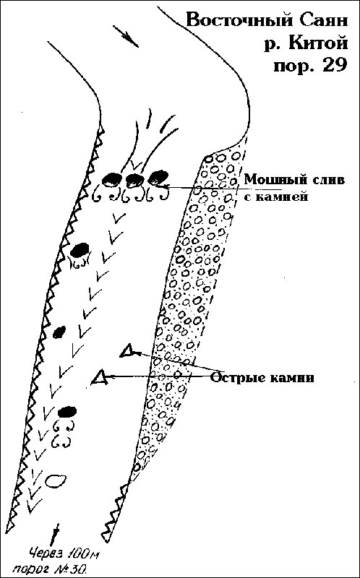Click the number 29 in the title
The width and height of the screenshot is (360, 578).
[333, 66]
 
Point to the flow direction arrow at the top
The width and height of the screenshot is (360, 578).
[125, 36]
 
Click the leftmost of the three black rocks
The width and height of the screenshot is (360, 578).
[111, 180]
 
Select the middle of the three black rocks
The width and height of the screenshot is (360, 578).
[135, 179]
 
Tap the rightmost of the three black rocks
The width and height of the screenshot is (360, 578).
[158, 176]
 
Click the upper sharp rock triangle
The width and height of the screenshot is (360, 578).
[129, 351]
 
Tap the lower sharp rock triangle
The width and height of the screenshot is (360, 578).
[100, 378]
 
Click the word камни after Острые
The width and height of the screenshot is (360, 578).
[290, 378]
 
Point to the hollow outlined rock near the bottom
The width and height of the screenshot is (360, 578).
[56, 480]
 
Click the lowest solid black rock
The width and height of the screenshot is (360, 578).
[67, 411]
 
